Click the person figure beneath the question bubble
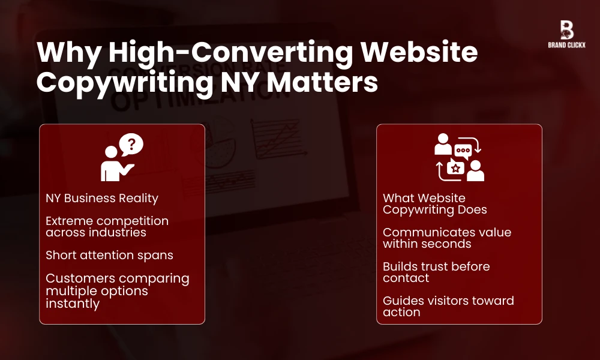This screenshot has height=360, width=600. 112,164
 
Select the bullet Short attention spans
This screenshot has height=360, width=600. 109,255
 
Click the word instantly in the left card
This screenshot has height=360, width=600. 73,304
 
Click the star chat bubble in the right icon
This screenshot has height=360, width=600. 456,169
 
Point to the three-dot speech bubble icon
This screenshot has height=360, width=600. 462,150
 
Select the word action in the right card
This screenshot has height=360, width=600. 401,312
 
